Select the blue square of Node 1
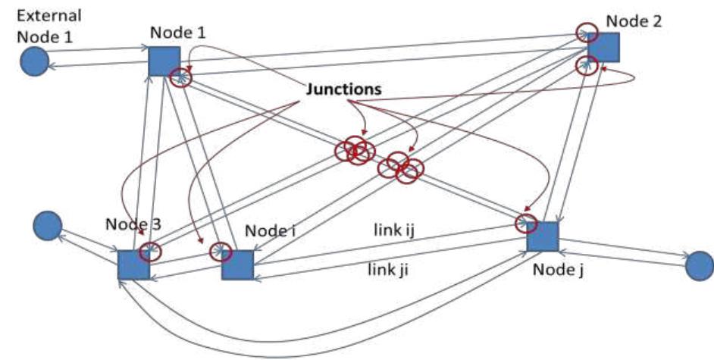[164, 61]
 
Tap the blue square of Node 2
[604, 46]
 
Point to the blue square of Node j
[543, 236]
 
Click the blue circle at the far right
[699, 265]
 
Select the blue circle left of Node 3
[48, 224]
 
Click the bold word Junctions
[343, 89]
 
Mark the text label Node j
[553, 268]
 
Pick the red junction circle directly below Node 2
[584, 64]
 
